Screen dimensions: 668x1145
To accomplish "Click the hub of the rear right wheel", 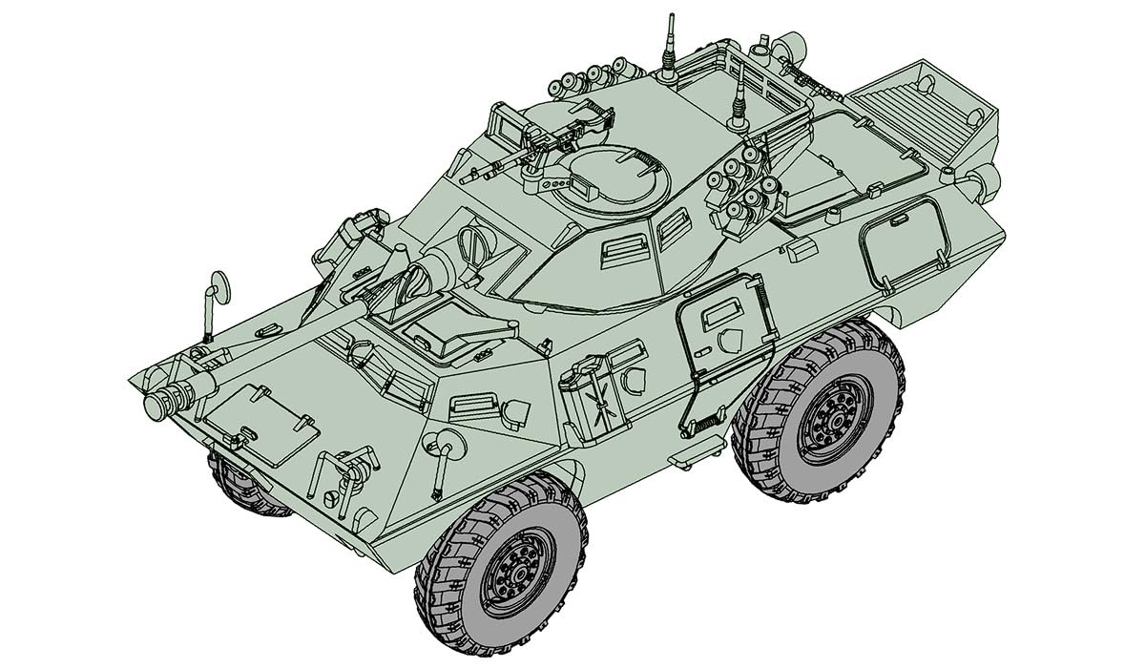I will point(832,417).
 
